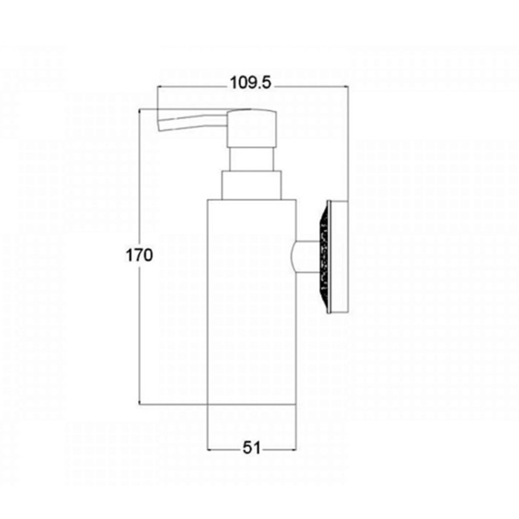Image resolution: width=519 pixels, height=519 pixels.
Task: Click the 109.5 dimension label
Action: point(251,83)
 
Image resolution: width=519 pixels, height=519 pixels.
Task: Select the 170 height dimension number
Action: point(139,255)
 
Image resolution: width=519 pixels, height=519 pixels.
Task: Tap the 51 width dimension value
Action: point(251,448)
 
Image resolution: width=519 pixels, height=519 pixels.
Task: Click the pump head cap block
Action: point(251,128)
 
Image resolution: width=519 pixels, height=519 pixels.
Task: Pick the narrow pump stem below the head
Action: point(251,159)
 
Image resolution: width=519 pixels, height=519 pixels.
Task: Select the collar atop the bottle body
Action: point(251,185)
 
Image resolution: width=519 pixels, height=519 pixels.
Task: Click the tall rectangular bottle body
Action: point(251,302)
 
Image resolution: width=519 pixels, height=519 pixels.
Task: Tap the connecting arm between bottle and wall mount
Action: point(305,257)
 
